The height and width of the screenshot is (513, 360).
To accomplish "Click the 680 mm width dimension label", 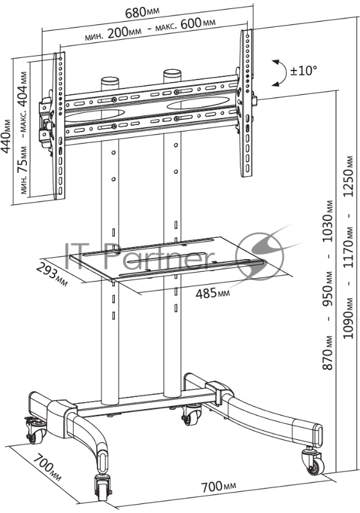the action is point(142,12).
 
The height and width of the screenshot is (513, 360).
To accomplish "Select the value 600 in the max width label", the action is point(191,24).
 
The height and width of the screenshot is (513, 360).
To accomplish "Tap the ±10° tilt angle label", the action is point(304,71).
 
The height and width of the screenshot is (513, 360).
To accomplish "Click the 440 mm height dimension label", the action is point(6,136).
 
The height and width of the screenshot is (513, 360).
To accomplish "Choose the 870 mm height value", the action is point(328,353).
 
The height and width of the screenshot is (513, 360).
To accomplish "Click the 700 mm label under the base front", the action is point(219,487).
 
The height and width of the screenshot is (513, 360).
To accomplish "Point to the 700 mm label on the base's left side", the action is point(47,466).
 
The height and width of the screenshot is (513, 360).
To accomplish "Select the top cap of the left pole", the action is point(110,80).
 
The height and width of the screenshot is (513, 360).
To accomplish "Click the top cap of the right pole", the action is point(173,72).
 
